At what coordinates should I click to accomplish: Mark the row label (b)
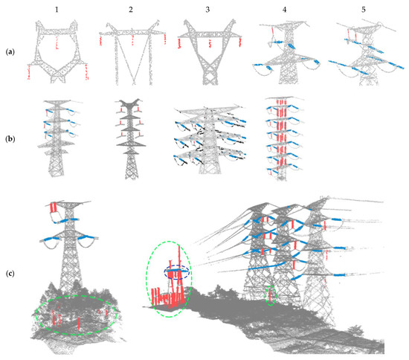[x=11, y=138]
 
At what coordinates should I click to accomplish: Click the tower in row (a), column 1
[x=59, y=52]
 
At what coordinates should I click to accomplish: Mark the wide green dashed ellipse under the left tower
[x=74, y=317]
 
